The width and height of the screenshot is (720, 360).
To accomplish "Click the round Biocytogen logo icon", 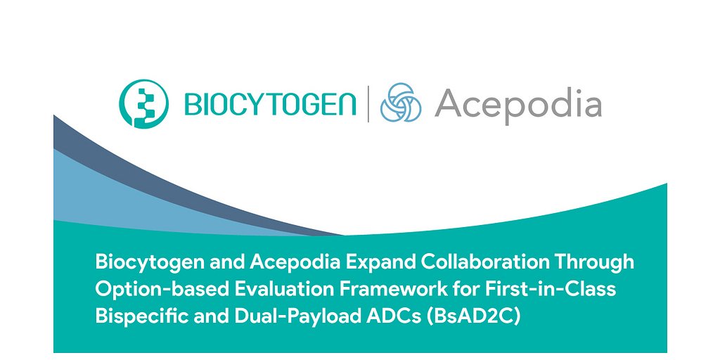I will pyautogui.click(x=143, y=103).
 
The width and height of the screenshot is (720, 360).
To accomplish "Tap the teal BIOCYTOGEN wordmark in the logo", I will pyautogui.click(x=269, y=105).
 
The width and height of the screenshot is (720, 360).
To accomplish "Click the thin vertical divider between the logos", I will pyautogui.click(x=367, y=104).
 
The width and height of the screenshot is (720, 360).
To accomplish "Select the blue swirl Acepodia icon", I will pyautogui.click(x=401, y=103).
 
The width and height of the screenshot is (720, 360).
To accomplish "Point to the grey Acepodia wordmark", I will pyautogui.click(x=517, y=105).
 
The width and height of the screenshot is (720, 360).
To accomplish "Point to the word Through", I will pyautogui.click(x=596, y=262).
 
